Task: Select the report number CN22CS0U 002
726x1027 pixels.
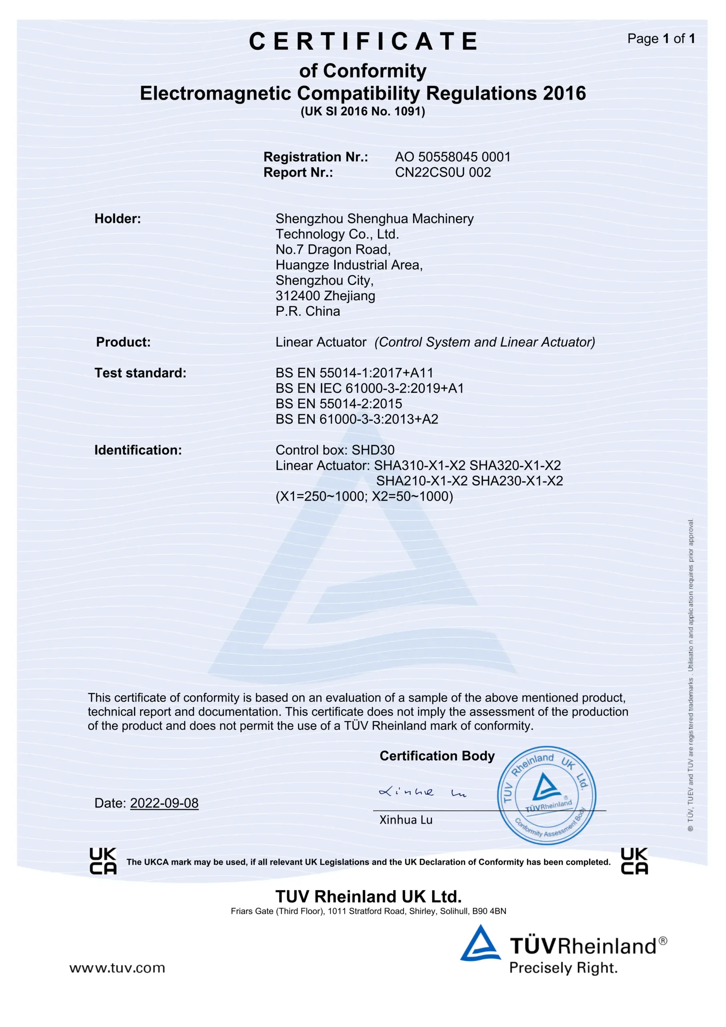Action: (442, 172)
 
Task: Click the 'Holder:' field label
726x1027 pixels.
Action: (118, 219)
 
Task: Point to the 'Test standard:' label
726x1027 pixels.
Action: (140, 373)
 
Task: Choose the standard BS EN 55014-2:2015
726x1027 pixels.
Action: (339, 404)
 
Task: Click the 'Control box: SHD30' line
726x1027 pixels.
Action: (335, 450)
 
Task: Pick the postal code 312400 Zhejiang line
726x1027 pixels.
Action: (325, 296)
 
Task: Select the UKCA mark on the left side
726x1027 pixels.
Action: (103, 861)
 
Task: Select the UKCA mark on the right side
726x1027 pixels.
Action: (634, 861)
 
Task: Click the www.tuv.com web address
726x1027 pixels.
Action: (117, 968)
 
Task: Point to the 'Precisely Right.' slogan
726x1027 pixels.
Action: (563, 968)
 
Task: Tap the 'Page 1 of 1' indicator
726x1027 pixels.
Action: (661, 39)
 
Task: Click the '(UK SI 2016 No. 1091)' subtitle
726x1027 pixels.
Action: (362, 112)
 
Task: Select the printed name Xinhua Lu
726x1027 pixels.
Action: (406, 820)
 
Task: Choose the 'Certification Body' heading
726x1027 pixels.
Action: (437, 755)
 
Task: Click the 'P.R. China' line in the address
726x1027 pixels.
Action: (307, 311)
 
